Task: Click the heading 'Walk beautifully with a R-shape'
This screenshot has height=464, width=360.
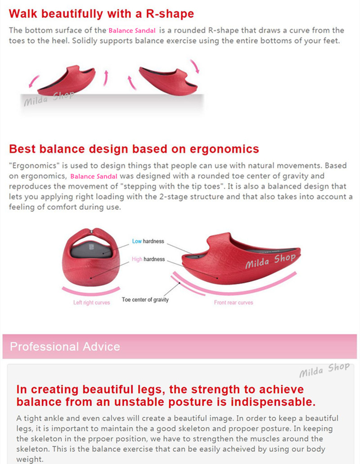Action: pyautogui.click(x=101, y=14)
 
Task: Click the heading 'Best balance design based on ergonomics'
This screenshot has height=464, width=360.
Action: pyautogui.click(x=134, y=149)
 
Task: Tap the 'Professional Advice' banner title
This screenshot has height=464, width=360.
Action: pyautogui.click(x=65, y=347)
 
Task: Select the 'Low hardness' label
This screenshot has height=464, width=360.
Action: pyautogui.click(x=148, y=241)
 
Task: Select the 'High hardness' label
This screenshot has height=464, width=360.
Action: pyautogui.click(x=148, y=259)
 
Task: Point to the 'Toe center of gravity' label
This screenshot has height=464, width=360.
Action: pyautogui.click(x=145, y=299)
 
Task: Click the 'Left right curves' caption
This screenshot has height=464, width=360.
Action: pyautogui.click(x=92, y=302)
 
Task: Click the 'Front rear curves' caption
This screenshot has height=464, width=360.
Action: pyautogui.click(x=234, y=302)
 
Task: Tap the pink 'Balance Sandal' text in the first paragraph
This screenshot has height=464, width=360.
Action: pyautogui.click(x=132, y=31)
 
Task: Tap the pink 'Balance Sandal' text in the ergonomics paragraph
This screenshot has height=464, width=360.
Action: pyautogui.click(x=94, y=176)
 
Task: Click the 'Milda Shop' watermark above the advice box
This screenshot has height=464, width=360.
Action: pyautogui.click(x=324, y=370)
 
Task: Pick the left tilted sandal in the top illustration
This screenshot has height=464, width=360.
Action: pyautogui.click(x=67, y=80)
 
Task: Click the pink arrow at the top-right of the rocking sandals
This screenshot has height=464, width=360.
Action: pyautogui.click(x=196, y=66)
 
